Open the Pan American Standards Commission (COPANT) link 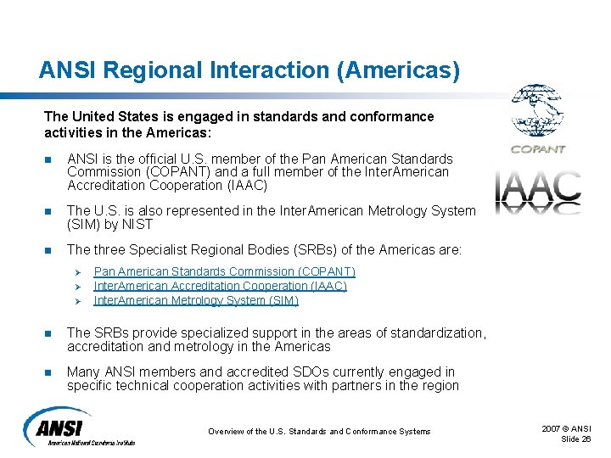pos(224,271)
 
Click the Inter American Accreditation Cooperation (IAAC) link pos(220,286)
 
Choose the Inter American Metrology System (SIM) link pos(196,300)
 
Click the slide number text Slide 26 pos(576,438)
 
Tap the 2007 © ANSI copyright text pos(567,428)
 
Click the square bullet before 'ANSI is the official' pos(48,159)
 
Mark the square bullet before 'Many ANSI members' pos(48,372)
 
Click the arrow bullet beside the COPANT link pos(75,272)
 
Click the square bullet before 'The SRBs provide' pos(48,332)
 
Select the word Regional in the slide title pos(143,70)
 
